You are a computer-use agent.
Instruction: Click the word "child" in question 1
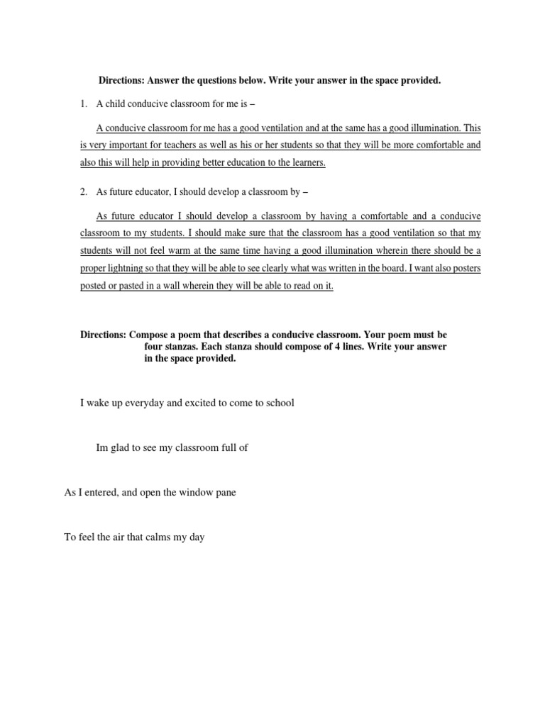(116, 104)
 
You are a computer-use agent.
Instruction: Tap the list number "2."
(83, 192)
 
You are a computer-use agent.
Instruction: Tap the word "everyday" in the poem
(144, 403)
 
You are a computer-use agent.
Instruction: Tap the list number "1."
(83, 104)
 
